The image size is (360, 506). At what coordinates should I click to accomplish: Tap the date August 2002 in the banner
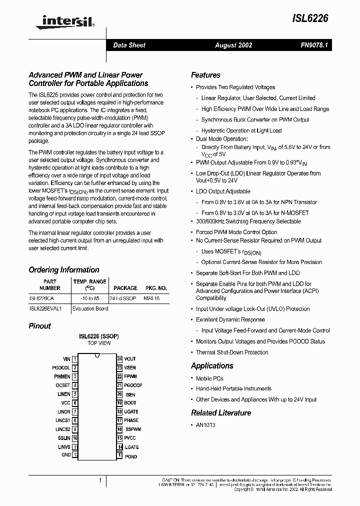coord(233,45)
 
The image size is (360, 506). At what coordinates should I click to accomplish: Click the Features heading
coord(205,75)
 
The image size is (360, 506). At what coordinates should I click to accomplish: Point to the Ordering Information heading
coord(64,270)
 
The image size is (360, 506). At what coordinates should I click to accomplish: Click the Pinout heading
coord(40,326)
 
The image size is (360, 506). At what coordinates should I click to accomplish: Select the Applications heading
coord(212,366)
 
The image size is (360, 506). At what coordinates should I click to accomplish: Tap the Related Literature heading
coord(221,413)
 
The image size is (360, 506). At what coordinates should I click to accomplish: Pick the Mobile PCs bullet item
coord(209,378)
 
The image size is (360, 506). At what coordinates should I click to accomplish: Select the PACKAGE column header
coord(125,288)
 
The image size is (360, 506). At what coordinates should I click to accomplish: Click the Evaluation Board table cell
coord(90,308)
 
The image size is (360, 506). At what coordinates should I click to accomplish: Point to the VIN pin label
coord(66,359)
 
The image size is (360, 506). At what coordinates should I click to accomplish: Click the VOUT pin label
coord(130,359)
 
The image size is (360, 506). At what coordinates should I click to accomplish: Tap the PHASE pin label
coord(131,420)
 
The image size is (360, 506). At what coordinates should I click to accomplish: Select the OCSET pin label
coord(63,385)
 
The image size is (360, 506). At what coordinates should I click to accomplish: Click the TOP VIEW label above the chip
coord(99,343)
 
